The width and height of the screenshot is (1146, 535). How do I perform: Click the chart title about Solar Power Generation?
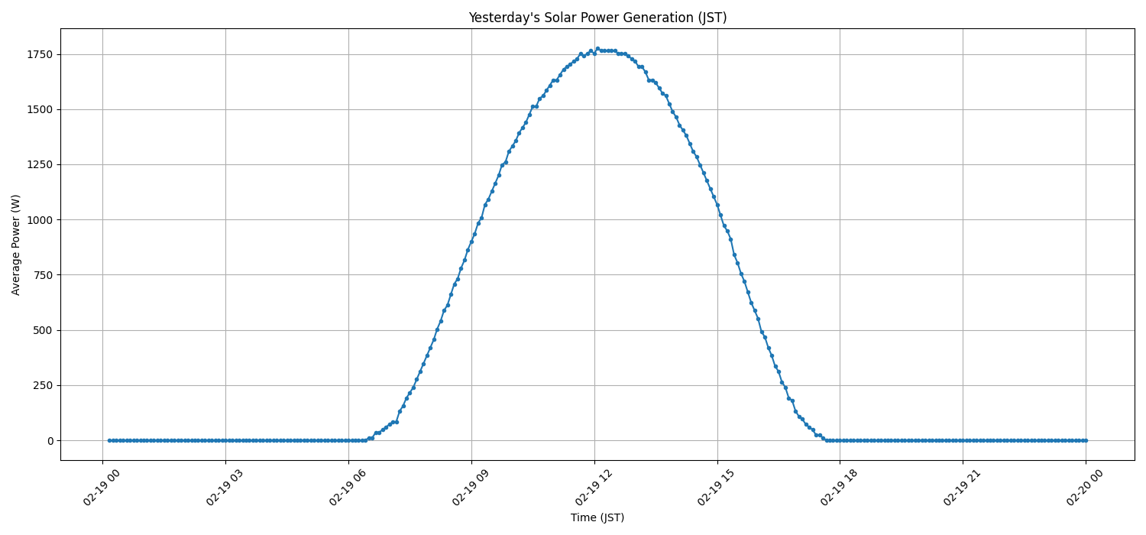click(x=597, y=18)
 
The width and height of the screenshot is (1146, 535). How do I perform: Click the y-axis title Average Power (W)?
click(x=16, y=245)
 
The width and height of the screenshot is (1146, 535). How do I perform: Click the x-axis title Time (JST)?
click(x=597, y=517)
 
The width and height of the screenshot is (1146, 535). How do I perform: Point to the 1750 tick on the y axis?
click(x=40, y=54)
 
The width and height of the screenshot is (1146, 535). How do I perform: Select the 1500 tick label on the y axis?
click(x=40, y=109)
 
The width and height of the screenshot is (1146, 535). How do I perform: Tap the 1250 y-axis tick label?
click(x=40, y=164)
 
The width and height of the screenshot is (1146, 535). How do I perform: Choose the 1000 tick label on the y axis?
click(x=40, y=220)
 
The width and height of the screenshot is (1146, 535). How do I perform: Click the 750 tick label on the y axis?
click(x=43, y=275)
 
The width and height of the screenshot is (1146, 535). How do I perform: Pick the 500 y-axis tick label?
click(x=43, y=330)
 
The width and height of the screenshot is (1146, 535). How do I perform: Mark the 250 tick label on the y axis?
click(x=43, y=385)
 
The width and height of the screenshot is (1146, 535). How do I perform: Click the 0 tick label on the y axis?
click(x=50, y=441)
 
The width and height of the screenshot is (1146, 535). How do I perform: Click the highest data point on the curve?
click(x=597, y=49)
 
